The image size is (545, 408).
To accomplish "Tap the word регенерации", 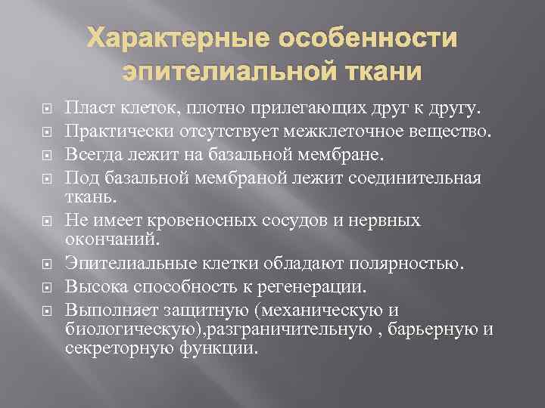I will click(321, 286).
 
